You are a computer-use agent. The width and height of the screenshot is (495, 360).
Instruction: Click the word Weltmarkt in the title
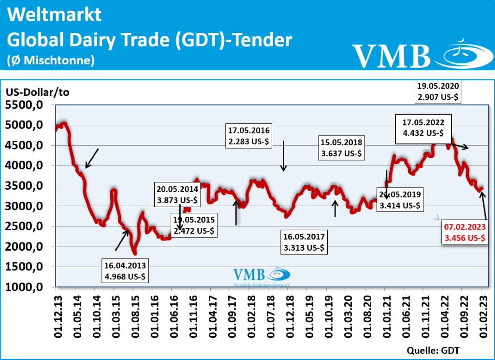click(x=55, y=15)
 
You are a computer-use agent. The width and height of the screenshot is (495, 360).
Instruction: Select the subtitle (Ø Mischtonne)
click(x=50, y=60)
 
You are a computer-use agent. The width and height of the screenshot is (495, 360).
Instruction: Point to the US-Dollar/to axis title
click(x=38, y=93)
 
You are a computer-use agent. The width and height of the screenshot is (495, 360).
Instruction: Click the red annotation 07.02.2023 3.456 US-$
click(x=464, y=232)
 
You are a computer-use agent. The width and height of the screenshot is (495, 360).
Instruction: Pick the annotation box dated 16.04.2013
click(x=125, y=270)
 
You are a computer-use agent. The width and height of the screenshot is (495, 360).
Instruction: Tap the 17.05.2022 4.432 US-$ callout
click(x=423, y=128)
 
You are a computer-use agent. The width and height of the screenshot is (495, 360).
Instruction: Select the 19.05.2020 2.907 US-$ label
click(x=437, y=92)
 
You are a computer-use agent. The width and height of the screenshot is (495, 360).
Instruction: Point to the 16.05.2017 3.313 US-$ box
click(x=305, y=242)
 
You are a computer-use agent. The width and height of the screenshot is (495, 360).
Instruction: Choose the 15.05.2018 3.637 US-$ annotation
click(x=342, y=149)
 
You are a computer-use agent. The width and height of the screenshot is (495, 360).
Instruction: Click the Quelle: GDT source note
click(x=433, y=350)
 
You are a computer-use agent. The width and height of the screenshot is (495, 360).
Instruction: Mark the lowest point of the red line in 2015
click(x=135, y=253)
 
